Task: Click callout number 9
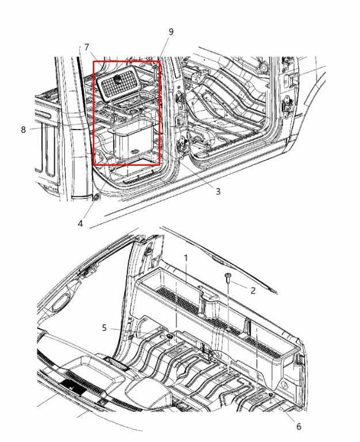coord(171,31)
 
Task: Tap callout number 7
coord(87,46)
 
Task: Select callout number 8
coord(24,129)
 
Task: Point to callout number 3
coord(218,192)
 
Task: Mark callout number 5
coord(104,328)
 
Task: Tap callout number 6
coord(298,426)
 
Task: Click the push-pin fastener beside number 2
coord(228,279)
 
